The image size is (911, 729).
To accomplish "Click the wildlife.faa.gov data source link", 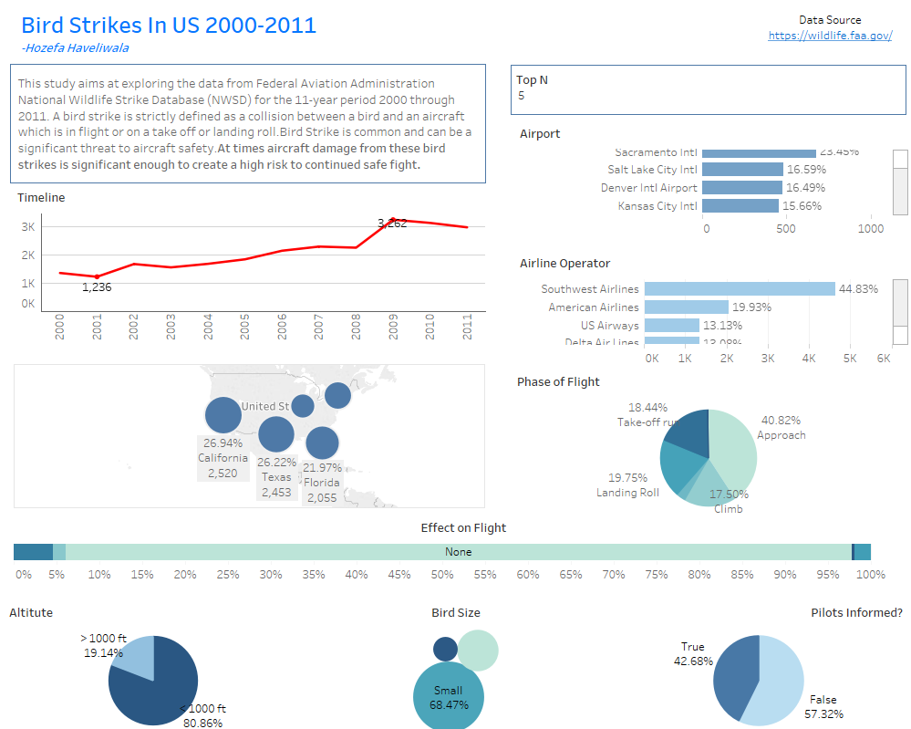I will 830,36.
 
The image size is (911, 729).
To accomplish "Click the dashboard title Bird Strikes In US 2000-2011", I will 169,25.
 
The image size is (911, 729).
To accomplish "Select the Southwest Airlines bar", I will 740,288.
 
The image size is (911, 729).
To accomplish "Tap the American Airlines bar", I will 686,307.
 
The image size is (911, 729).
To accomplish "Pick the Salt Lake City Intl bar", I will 743,170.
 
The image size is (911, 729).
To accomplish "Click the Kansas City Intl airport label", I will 657,206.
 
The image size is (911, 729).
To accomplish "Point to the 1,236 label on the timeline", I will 97,287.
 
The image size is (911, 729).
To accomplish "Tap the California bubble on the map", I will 223,415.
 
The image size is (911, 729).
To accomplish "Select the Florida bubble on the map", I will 322,443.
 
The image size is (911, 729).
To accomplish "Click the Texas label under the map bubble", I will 276,477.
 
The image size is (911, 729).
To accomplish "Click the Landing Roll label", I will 627,493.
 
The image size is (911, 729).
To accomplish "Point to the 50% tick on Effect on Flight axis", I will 442,575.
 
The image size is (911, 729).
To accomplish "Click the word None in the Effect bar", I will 459,552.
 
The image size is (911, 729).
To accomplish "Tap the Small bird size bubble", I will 448,697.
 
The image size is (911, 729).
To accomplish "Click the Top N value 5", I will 522,95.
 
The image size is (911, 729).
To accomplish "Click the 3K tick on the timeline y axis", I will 28,226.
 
